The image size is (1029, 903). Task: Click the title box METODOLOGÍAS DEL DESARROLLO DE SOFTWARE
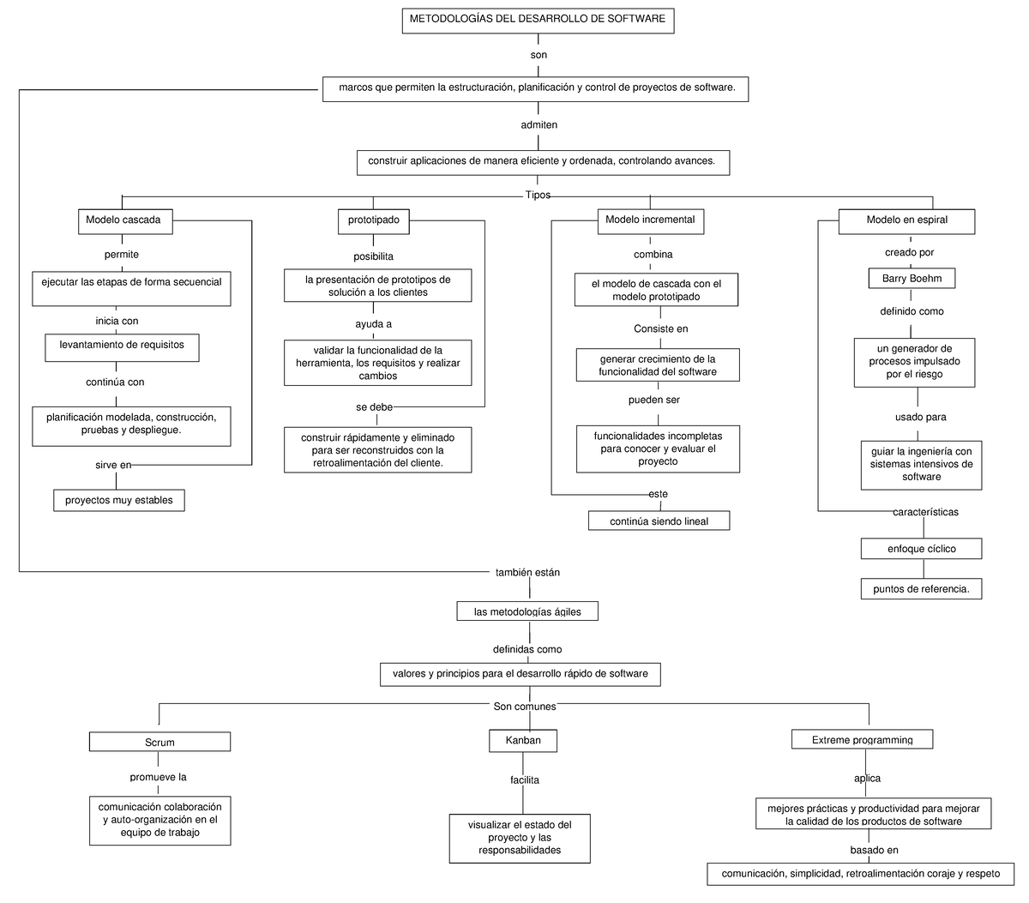pos(538,20)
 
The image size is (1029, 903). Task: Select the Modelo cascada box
pos(123,221)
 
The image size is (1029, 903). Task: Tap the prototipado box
pos(373,221)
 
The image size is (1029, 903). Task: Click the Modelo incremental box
pos(650,221)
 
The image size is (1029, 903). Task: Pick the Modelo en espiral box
pos(906,221)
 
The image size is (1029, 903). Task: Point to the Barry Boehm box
pos(912,279)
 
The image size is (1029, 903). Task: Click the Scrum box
pos(160,743)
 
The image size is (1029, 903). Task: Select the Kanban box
pos(523,741)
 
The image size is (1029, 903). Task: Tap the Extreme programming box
pos(862,740)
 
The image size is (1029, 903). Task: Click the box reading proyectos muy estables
pos(119,500)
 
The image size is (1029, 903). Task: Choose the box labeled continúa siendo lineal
pos(659,521)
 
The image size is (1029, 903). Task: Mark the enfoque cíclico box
pos(921,549)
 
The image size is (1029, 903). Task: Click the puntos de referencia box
pos(921,589)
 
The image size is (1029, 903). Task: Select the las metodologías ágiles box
pos(527,611)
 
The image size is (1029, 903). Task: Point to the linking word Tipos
pos(538,196)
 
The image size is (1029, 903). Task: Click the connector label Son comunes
pos(525,707)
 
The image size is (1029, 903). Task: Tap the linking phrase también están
pos(527,572)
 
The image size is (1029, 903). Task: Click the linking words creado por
pos(909,253)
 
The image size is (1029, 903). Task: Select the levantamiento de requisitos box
pos(122,346)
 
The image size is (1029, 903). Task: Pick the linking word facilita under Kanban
pos(524,780)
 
